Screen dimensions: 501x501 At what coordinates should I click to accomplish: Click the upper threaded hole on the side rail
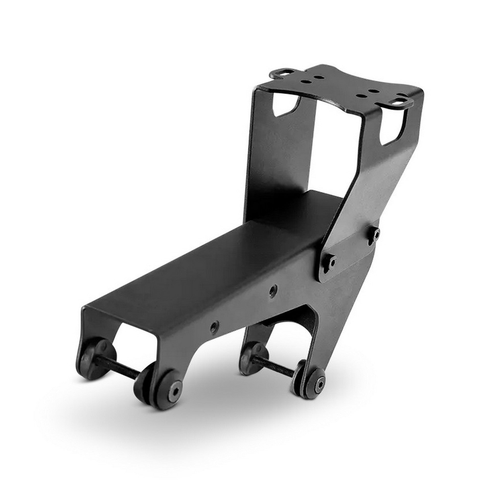coord(273,289)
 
